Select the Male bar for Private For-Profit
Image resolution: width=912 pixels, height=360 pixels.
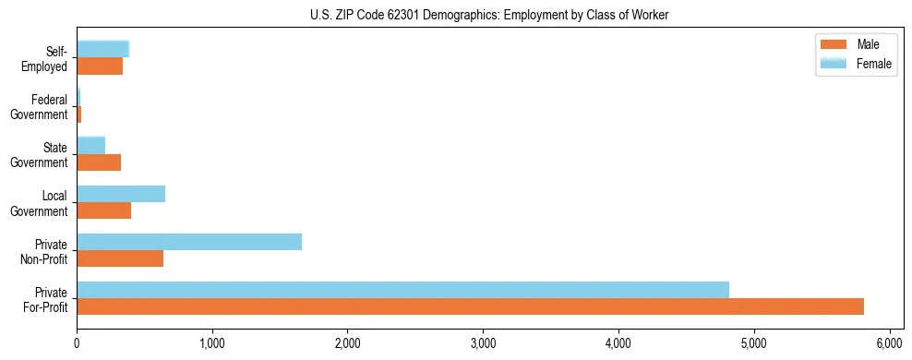470,306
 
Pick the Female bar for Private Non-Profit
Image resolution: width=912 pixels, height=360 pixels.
189,242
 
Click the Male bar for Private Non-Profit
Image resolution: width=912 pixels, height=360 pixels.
120,258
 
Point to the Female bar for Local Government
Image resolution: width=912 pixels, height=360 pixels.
121,194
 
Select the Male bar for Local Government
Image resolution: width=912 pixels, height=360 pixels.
103,210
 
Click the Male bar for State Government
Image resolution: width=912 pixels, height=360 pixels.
99,162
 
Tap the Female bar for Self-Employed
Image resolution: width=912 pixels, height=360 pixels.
102,50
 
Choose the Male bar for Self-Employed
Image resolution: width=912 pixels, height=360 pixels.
100,66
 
